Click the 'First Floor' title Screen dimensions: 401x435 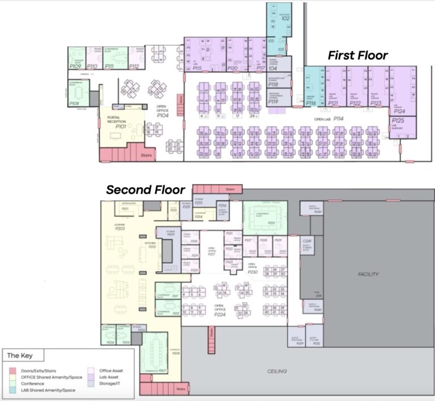coord(357,55)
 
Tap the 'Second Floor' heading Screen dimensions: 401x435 coord(145,189)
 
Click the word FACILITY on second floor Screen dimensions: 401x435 coord(368,275)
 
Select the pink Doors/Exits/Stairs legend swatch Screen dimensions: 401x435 coord(12,370)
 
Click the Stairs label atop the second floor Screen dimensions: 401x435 coord(229,189)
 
